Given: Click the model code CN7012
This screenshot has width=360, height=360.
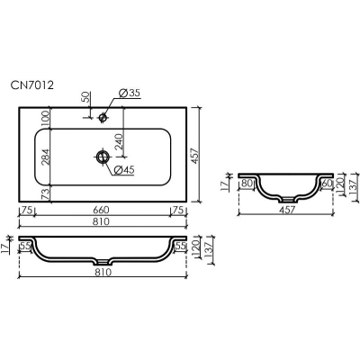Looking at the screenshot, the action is [x=32, y=85].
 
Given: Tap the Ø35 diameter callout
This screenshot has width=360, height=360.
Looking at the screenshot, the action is [x=130, y=94].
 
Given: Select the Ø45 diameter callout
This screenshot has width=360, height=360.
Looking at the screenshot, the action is [x=124, y=170].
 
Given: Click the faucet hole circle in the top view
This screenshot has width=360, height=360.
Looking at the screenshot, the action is [x=103, y=117].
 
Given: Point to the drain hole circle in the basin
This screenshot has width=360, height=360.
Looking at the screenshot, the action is [x=103, y=156].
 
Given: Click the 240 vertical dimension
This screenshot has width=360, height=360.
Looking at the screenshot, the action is [x=119, y=143].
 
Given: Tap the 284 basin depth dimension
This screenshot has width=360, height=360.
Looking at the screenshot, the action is [x=45, y=157].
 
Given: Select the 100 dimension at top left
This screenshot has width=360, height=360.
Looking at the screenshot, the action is [x=45, y=119].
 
